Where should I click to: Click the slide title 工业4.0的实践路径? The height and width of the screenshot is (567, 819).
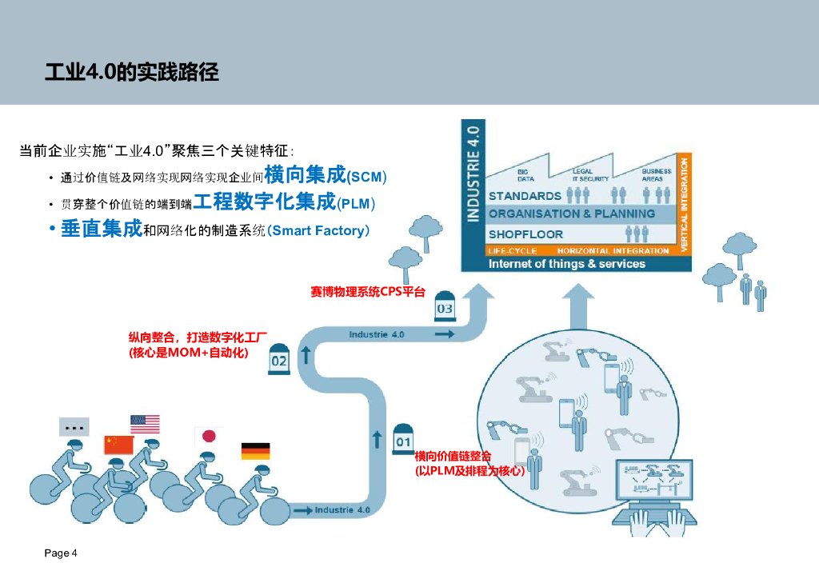(132, 73)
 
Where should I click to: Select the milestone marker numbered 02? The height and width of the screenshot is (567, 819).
(278, 357)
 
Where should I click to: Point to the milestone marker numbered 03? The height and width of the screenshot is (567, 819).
(444, 305)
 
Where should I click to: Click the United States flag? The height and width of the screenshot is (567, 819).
(145, 424)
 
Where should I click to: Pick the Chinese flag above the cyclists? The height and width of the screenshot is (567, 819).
(118, 445)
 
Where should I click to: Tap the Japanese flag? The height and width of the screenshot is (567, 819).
(208, 436)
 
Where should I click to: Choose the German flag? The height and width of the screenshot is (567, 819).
(255, 451)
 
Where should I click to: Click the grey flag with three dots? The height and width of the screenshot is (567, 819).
(74, 427)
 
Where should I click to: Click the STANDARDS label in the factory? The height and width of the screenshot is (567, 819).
(525, 196)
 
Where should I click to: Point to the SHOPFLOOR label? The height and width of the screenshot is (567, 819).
(525, 234)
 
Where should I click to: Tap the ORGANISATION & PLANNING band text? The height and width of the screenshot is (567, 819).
(572, 214)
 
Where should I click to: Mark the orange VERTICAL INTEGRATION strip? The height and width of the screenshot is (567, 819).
(684, 205)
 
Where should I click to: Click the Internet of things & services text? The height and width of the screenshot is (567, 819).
(566, 264)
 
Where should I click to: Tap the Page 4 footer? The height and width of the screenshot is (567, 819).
(61, 553)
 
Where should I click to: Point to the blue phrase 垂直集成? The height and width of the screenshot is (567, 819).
(102, 230)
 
